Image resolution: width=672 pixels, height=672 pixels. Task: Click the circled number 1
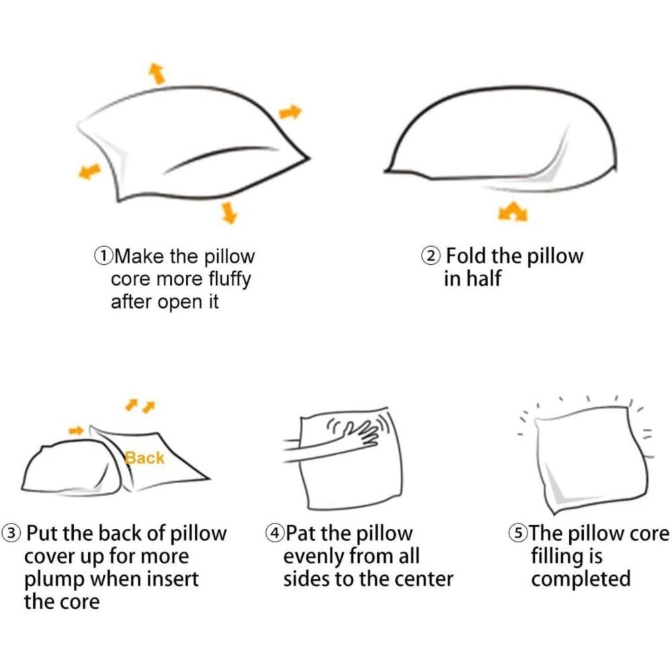(x=103, y=256)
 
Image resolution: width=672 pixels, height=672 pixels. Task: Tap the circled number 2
(x=431, y=256)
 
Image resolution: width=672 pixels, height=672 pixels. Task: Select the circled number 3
(x=11, y=533)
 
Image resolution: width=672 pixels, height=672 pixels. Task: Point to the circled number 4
(x=275, y=533)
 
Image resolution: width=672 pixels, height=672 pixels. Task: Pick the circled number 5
(x=518, y=533)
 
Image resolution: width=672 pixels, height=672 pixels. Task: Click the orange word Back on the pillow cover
(x=144, y=458)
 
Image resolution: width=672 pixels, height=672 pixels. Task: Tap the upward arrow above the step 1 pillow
(x=157, y=73)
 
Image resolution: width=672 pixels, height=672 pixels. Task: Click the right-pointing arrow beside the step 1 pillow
(x=290, y=112)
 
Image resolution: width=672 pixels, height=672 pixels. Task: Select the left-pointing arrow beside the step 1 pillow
(x=89, y=171)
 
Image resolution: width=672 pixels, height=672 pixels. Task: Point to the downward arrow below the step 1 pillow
(x=229, y=213)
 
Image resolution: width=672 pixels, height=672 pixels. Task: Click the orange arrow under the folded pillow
(x=513, y=212)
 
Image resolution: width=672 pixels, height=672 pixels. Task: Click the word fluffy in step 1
(x=229, y=280)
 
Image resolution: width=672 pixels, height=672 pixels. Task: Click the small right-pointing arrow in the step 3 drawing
(x=76, y=430)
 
